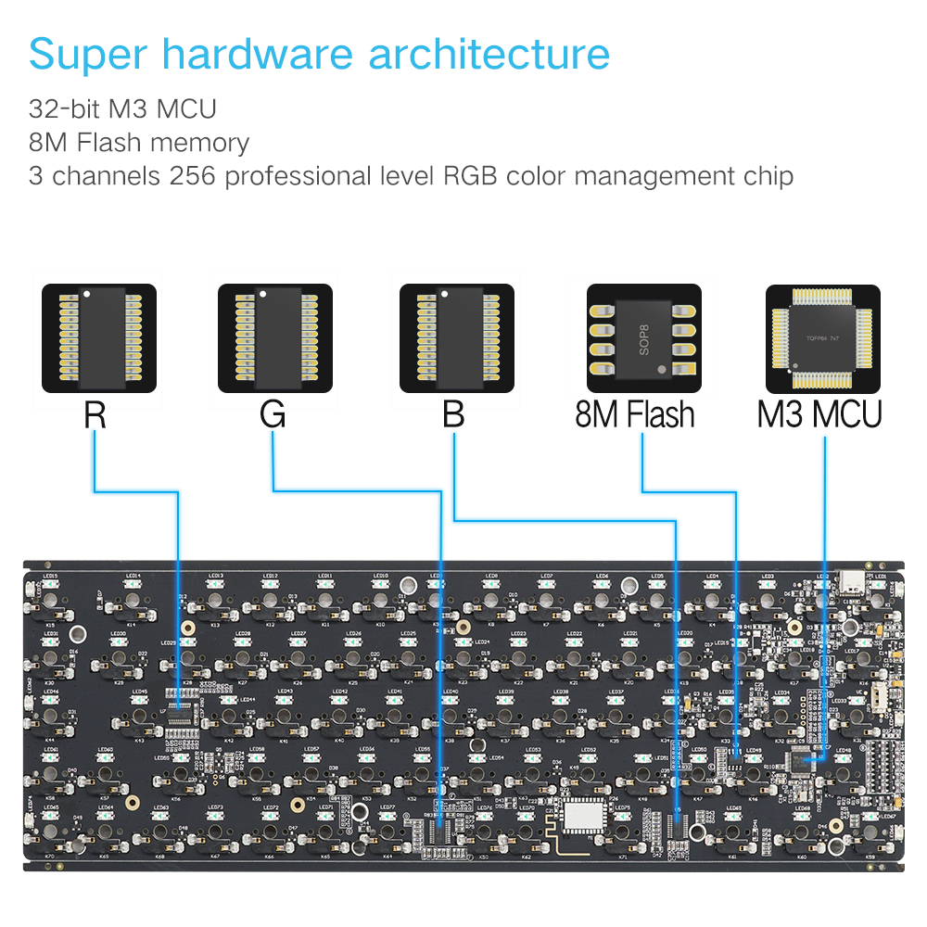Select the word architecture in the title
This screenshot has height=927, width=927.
pyautogui.click(x=489, y=55)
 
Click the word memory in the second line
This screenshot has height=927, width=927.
pyautogui.click(x=200, y=143)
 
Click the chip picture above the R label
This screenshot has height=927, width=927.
pyautogui.click(x=99, y=337)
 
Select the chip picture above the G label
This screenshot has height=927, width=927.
pyautogui.click(x=274, y=337)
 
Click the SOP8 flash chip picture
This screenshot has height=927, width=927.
pyautogui.click(x=644, y=337)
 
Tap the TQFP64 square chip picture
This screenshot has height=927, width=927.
pyautogui.click(x=823, y=337)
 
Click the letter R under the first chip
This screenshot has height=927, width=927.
pyautogui.click(x=95, y=414)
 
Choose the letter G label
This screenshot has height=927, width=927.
pyautogui.click(x=273, y=414)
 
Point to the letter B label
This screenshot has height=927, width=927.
pyautogui.click(x=453, y=414)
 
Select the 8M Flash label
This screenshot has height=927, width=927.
pyautogui.click(x=635, y=414)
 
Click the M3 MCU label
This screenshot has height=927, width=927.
pyautogui.click(x=819, y=414)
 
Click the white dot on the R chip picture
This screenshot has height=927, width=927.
pyautogui.click(x=85, y=294)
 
